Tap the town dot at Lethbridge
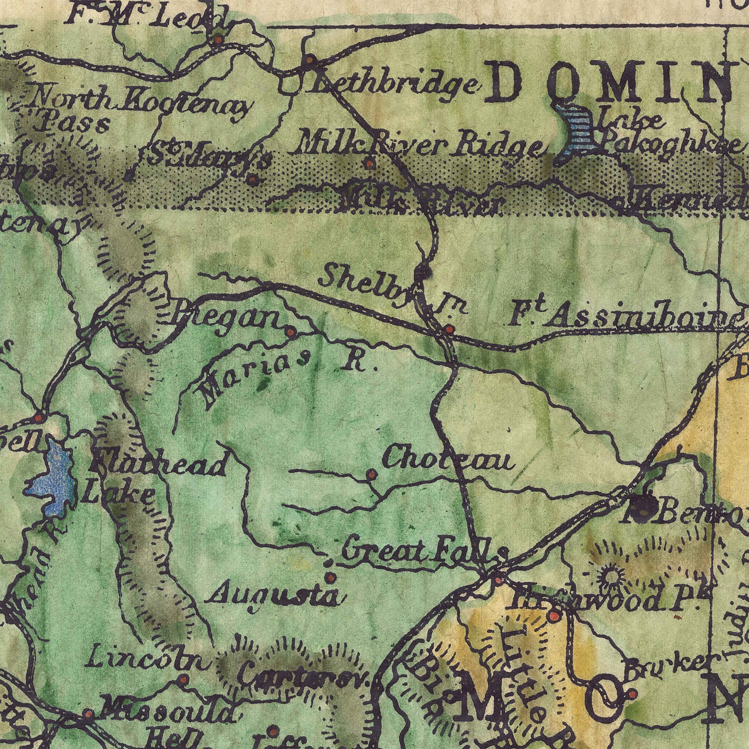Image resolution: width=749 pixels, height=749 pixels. click(x=309, y=60)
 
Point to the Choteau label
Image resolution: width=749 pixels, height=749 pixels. click(x=448, y=458)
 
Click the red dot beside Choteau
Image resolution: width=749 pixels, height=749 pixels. click(x=371, y=474)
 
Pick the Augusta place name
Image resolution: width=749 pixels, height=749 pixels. click(x=274, y=594)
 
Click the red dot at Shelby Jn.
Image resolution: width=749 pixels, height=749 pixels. click(x=449, y=329)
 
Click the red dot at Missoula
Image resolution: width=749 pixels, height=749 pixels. click(x=88, y=714)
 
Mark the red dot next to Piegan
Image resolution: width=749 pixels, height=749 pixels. click(x=290, y=332)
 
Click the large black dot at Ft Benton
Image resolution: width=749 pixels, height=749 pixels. click(x=644, y=505)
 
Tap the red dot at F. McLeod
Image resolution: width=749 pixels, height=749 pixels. click(x=218, y=39)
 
